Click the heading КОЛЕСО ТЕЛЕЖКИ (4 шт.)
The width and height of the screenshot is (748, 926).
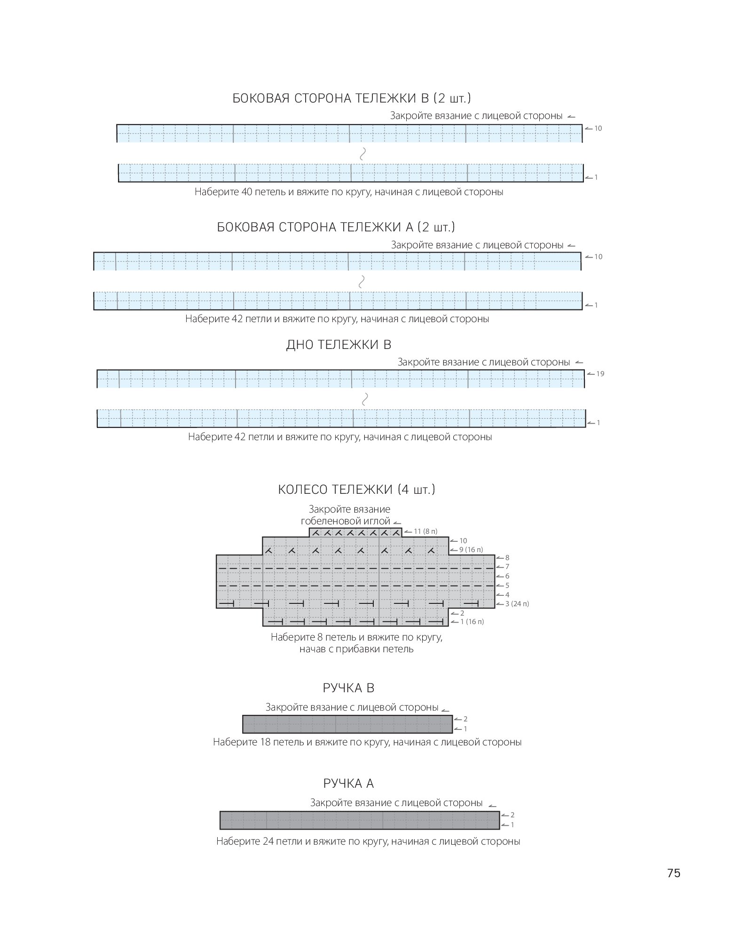pyautogui.click(x=356, y=490)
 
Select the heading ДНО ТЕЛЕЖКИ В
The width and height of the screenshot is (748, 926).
pyautogui.click(x=339, y=345)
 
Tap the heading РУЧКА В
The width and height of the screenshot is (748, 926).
pyautogui.click(x=348, y=688)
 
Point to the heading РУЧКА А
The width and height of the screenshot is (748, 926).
pyautogui.click(x=348, y=784)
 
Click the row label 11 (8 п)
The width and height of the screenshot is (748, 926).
pyautogui.click(x=425, y=531)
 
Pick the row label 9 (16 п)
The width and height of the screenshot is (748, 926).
pyautogui.click(x=471, y=550)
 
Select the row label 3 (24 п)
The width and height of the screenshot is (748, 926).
pyautogui.click(x=517, y=604)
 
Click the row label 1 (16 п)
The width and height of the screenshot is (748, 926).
pyautogui.click(x=472, y=622)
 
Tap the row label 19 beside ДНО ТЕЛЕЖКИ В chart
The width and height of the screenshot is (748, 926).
pyautogui.click(x=600, y=374)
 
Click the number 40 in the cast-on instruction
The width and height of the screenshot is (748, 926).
pyautogui.click(x=247, y=192)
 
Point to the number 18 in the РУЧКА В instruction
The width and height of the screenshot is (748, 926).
pyautogui.click(x=265, y=742)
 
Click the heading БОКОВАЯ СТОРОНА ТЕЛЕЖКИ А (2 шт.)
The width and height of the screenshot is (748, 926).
pyautogui.click(x=336, y=228)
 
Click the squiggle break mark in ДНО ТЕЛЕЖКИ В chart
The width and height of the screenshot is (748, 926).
pyautogui.click(x=364, y=399)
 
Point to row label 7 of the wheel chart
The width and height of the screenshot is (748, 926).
pyautogui.click(x=507, y=567)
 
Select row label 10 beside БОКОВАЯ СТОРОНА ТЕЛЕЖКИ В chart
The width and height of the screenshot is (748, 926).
pyautogui.click(x=598, y=128)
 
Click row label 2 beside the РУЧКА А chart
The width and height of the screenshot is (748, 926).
pyautogui.click(x=512, y=815)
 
